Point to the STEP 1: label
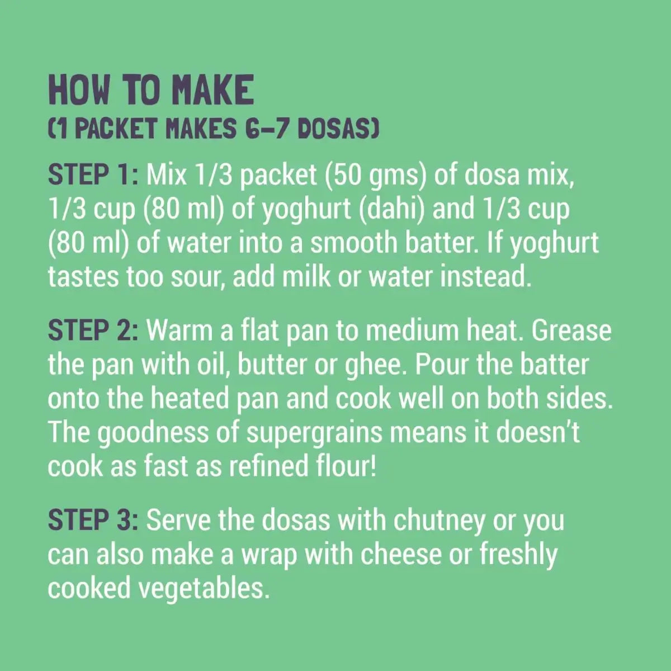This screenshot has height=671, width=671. click(93, 175)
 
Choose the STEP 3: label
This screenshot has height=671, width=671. click(93, 520)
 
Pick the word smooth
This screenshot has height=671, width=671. click(353, 243)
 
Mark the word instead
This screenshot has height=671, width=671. click(486, 277)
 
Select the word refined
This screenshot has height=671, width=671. click(269, 466)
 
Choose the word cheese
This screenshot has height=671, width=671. click(400, 554)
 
